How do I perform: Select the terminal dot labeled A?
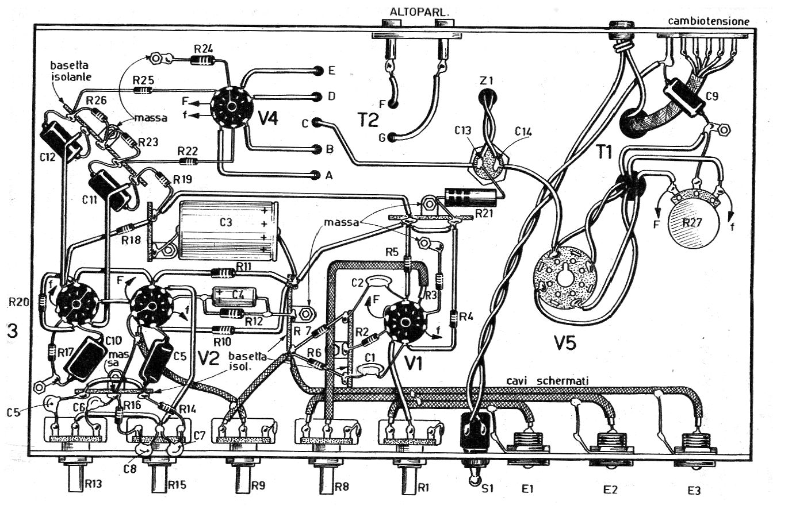[x=315, y=175]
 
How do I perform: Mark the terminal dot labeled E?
[x=318, y=71]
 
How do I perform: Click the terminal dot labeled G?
[x=392, y=138]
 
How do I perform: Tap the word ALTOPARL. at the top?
[x=411, y=11]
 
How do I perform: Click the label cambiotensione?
[x=709, y=21]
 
